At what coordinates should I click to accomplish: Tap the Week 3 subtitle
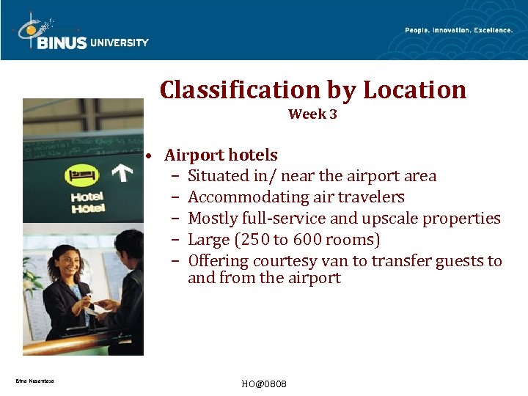(312, 114)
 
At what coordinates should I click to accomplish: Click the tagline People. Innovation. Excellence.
(458, 30)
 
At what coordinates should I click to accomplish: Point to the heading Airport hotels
(221, 155)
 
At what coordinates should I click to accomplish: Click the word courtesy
(285, 261)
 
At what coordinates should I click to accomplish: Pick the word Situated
(218, 176)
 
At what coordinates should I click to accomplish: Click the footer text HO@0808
(264, 384)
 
